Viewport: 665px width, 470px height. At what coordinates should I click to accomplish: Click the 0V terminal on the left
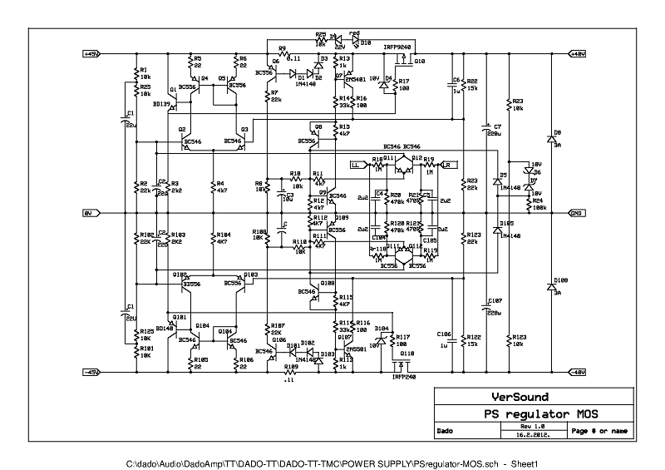point(88,213)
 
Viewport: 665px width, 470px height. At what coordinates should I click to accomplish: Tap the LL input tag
point(356,165)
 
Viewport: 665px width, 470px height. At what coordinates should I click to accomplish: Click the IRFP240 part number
point(404,375)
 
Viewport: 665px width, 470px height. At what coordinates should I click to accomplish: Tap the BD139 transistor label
point(161,104)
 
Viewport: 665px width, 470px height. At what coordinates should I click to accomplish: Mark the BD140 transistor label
point(163,328)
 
